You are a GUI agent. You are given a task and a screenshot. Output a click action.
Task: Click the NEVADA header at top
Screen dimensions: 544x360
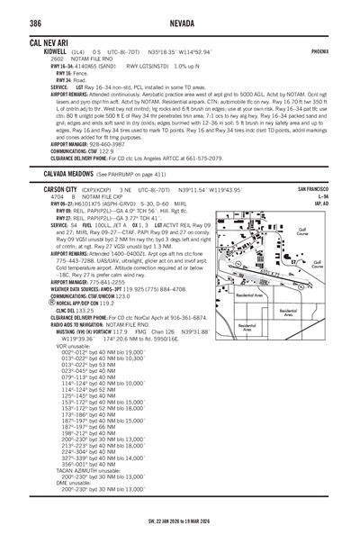point(179,23)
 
